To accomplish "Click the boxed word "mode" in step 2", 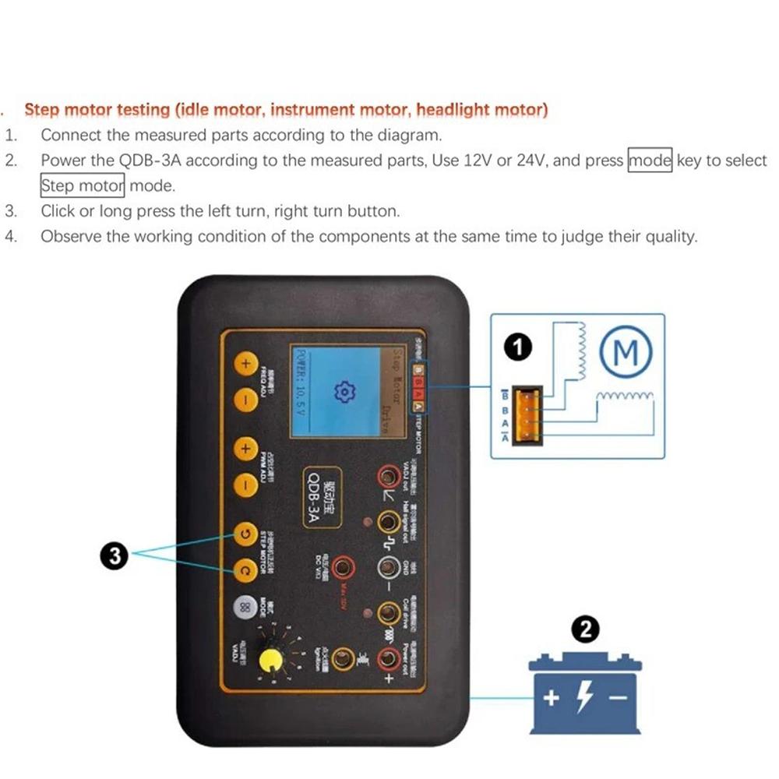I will (x=650, y=160).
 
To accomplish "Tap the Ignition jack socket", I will (x=341, y=660).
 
